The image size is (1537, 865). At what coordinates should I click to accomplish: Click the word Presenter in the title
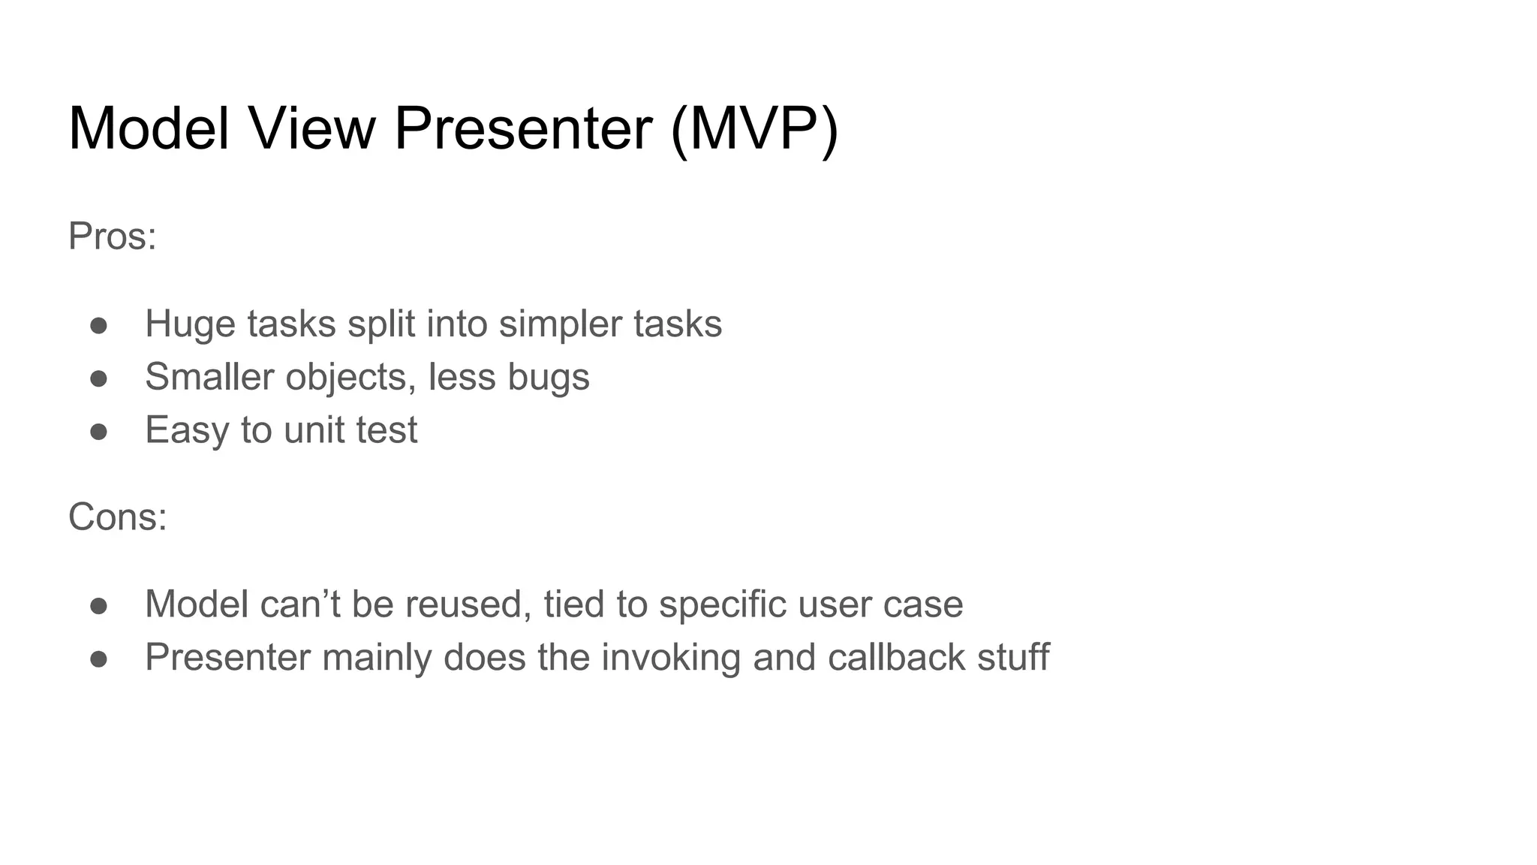click(x=523, y=128)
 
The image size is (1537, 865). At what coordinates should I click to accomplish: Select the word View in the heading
click(x=311, y=128)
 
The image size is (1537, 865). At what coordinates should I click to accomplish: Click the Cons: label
click(x=118, y=517)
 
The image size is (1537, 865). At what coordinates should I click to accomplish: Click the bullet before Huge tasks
click(x=98, y=326)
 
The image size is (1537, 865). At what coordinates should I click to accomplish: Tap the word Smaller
click(x=209, y=377)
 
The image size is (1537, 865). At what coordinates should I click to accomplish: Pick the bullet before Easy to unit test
click(x=98, y=432)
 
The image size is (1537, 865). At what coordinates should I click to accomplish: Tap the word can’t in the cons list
click(x=299, y=604)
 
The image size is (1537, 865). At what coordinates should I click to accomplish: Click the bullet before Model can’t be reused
click(x=98, y=606)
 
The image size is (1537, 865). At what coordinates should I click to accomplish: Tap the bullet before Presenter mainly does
click(x=98, y=659)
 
